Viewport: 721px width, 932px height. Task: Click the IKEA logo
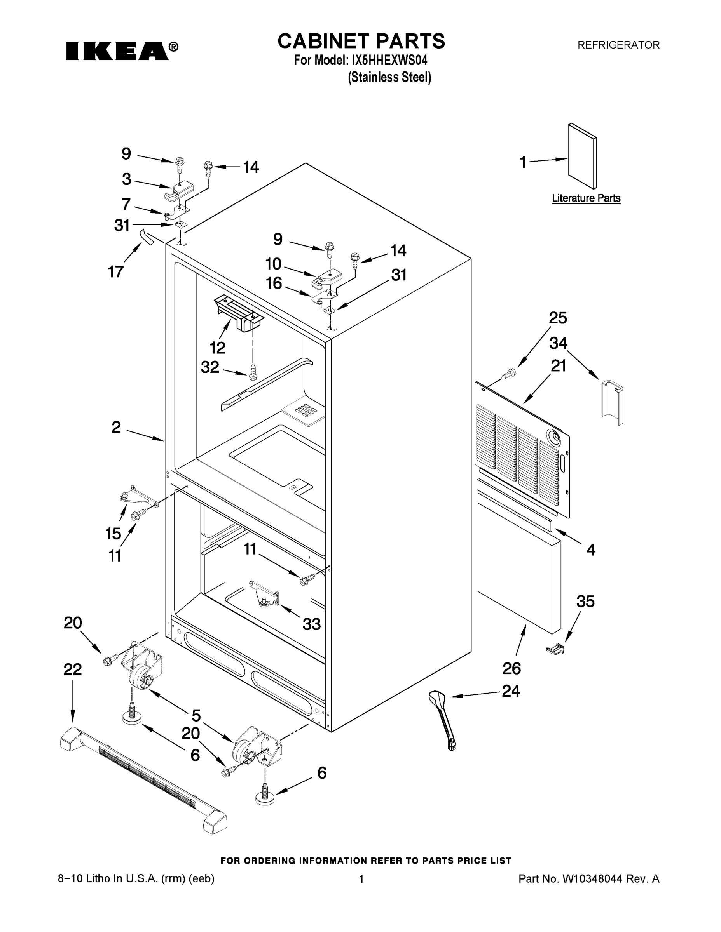tap(121, 50)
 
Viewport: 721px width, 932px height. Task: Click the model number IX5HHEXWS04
tap(389, 60)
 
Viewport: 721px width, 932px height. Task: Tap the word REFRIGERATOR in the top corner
tap(618, 45)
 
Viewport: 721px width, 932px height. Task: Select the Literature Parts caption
tap(586, 198)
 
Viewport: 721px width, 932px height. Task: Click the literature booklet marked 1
tap(582, 156)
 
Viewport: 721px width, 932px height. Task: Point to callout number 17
tap(116, 272)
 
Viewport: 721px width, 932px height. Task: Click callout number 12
tap(217, 348)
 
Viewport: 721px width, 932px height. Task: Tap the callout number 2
tap(116, 427)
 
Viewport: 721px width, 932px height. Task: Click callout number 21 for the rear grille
tap(558, 366)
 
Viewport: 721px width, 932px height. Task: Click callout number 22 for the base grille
tap(73, 669)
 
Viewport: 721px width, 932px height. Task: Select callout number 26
tap(511, 668)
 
